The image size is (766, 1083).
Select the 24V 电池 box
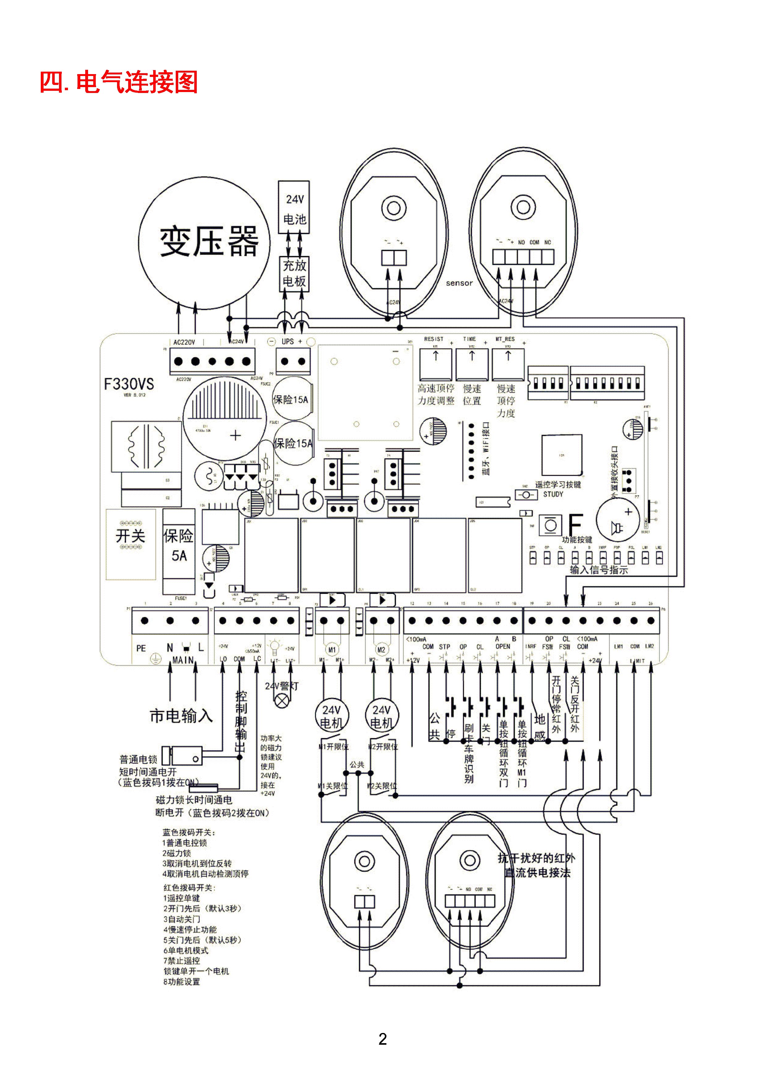294,208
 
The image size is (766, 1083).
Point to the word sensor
459,283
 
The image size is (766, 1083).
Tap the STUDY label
553,494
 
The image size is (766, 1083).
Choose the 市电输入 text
181,716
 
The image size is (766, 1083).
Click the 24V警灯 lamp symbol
282,701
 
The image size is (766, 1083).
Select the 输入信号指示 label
599,570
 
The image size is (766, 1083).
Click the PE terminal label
141,648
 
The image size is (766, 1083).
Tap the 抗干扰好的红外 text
537,858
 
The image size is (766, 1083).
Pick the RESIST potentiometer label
433,339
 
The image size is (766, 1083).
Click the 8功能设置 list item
182,982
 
